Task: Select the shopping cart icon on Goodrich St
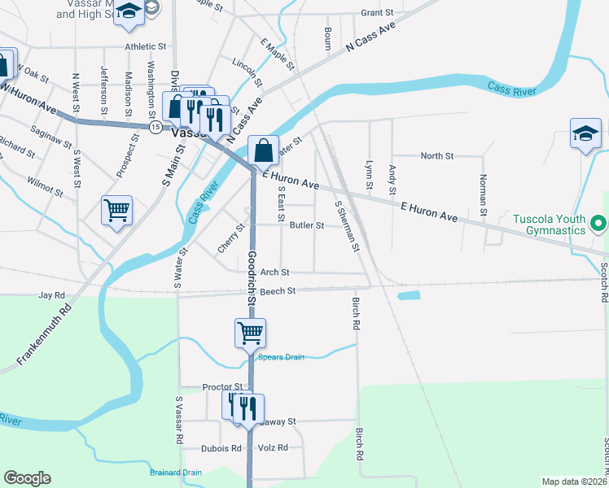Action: (251, 332)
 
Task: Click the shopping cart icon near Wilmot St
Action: (116, 210)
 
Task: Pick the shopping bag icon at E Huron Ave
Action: (263, 150)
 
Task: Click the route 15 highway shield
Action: (155, 127)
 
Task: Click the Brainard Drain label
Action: (175, 473)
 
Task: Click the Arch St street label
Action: (274, 272)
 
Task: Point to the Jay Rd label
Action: (50, 295)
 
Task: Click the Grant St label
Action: (377, 13)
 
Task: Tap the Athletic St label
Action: (146, 47)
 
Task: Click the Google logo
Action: (27, 478)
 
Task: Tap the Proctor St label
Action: (222, 387)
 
